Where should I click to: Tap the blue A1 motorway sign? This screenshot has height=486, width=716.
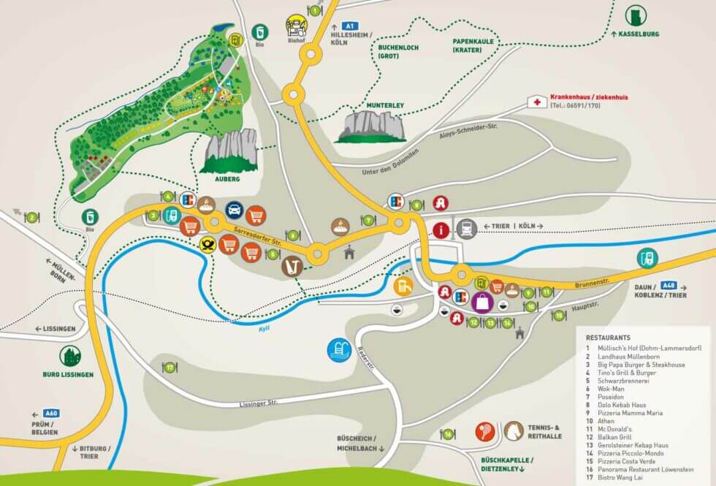tap(350, 26)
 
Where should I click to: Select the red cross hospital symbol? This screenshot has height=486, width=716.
tap(538, 102)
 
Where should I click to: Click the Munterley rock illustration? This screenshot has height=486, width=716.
tap(371, 126)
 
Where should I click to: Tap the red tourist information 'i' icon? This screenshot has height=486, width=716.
tap(441, 229)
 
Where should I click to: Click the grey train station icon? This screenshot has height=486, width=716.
tap(467, 229)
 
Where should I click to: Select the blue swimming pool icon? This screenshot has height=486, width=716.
tap(339, 349)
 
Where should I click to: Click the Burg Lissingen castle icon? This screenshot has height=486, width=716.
tap(71, 357)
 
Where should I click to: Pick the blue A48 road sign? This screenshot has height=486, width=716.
tap(668, 285)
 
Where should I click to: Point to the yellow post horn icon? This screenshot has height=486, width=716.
tap(208, 245)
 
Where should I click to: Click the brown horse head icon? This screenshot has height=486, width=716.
tap(514, 431)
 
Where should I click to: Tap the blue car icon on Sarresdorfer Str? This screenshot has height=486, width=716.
tap(234, 212)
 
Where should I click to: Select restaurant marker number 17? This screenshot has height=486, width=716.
tap(170, 368)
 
